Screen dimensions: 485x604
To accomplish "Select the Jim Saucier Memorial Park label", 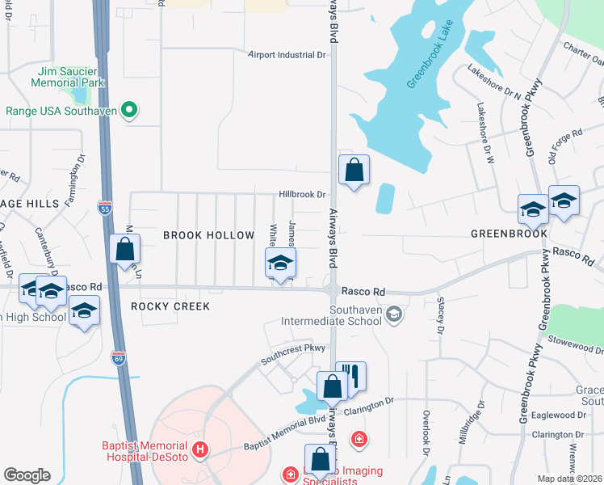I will [69, 77].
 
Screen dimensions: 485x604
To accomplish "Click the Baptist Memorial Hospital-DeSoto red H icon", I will [200, 449].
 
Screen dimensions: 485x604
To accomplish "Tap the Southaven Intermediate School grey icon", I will [394, 314].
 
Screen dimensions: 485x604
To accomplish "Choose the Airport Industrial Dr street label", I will [286, 55].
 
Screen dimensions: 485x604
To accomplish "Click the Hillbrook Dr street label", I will [302, 195].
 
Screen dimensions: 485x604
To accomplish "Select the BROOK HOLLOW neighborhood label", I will [208, 234].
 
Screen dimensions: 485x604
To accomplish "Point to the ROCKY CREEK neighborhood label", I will [170, 306].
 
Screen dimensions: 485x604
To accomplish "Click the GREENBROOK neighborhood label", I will [509, 234].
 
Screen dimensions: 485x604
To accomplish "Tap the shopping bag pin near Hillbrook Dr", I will [354, 171].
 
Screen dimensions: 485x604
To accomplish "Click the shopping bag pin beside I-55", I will [124, 250].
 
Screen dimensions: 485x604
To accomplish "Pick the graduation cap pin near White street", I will [280, 264].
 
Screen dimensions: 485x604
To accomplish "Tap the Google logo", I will [27, 475].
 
